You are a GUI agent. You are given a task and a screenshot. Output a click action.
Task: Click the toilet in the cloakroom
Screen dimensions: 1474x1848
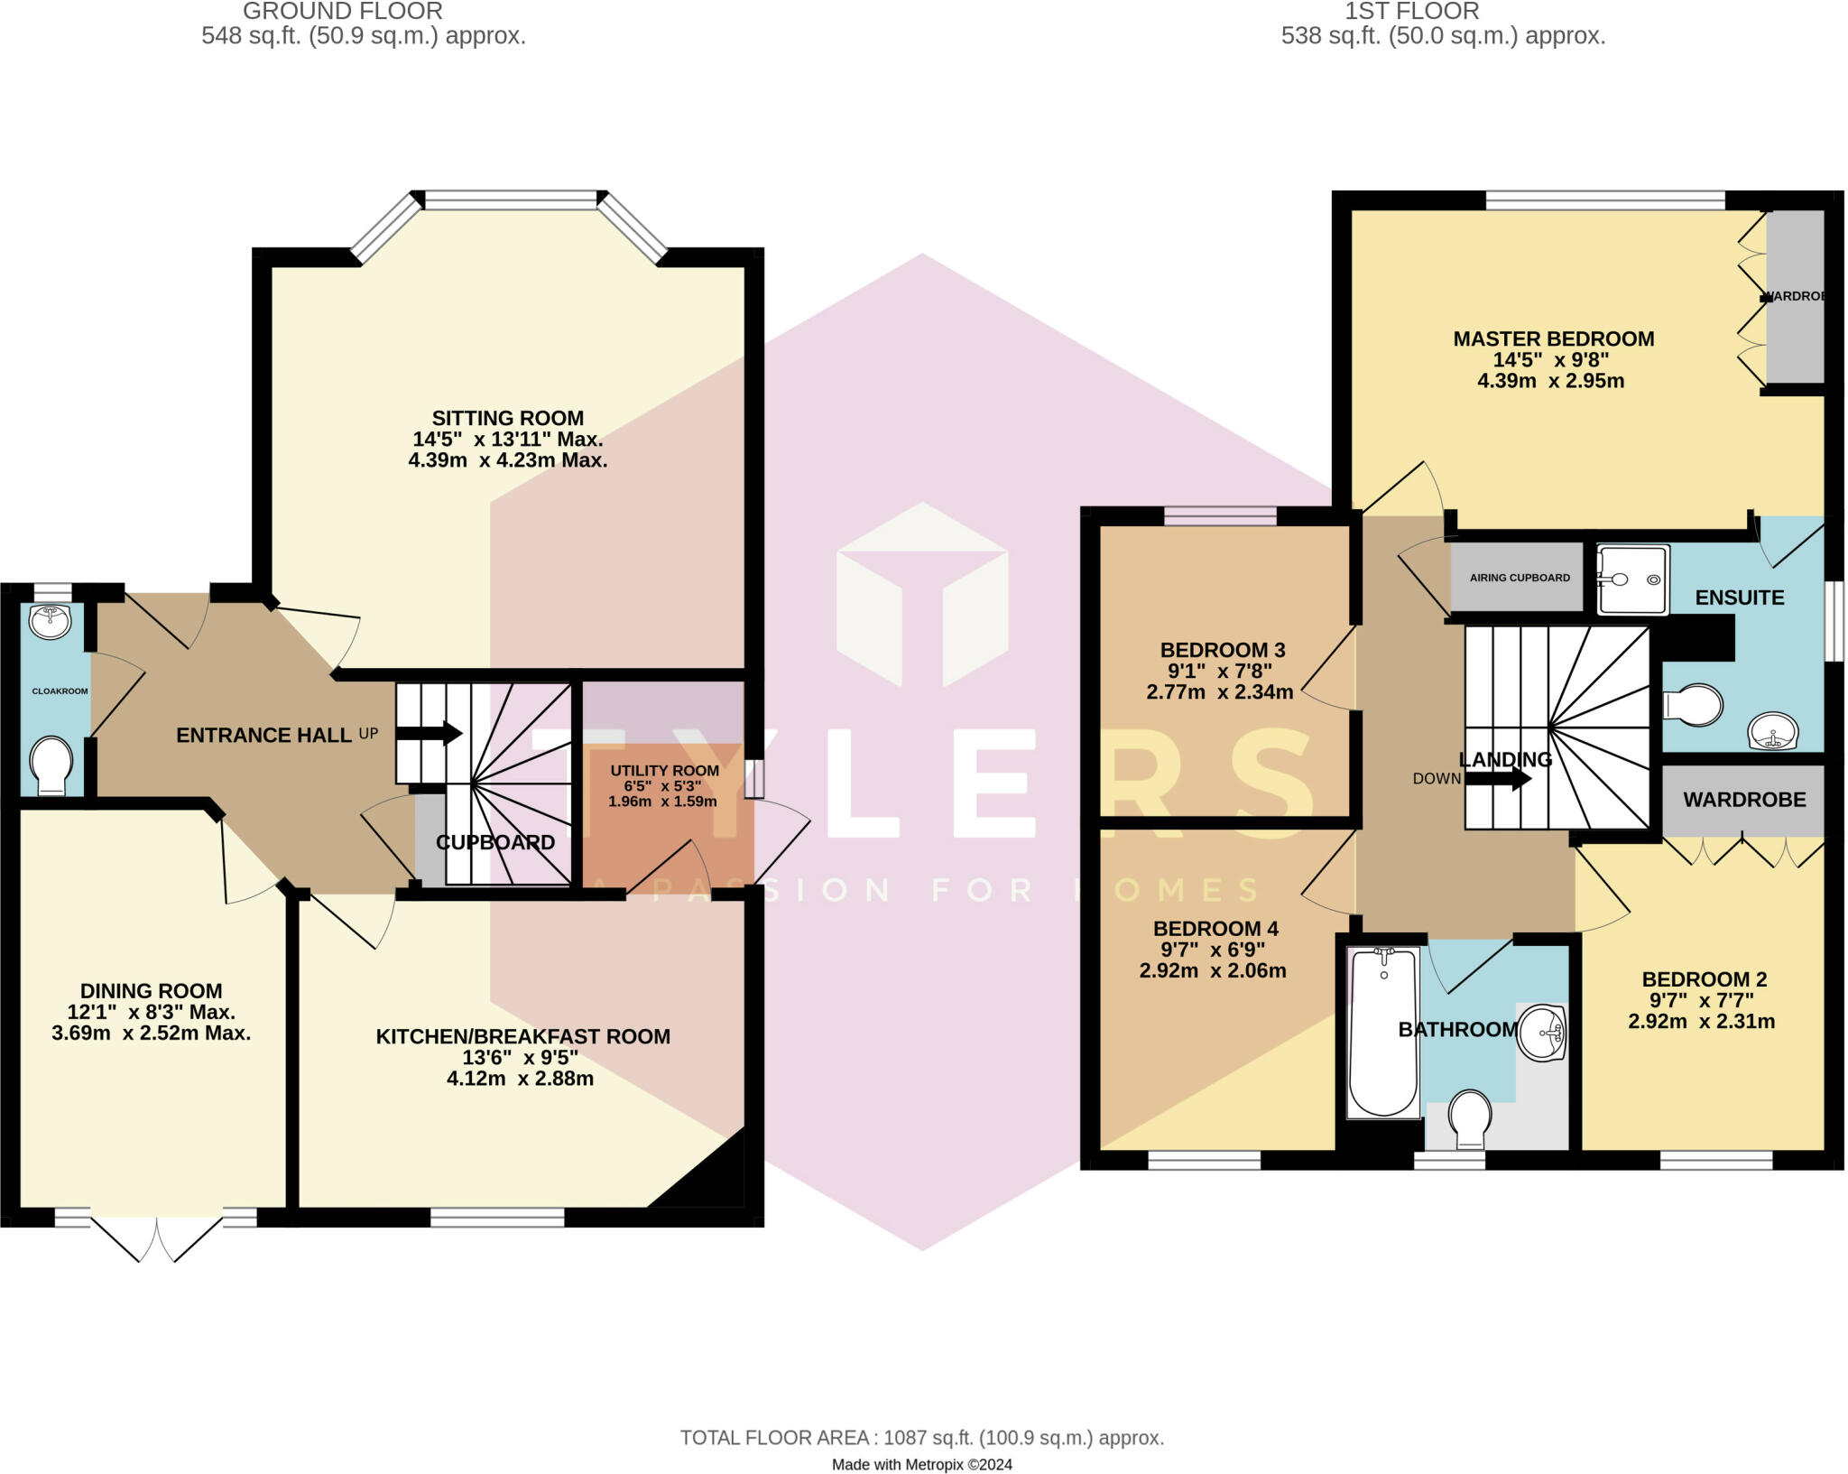pos(51,765)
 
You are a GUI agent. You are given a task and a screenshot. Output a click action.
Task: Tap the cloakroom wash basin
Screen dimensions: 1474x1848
pos(51,622)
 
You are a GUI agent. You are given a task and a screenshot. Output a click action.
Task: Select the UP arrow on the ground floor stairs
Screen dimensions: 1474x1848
pos(430,733)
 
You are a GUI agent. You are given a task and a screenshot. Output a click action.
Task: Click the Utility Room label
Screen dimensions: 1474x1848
pos(664,770)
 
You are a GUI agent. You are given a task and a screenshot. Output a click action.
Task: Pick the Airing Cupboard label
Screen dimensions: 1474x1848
pos(1520,578)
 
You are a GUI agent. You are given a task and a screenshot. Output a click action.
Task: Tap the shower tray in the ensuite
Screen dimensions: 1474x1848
pos(1632,579)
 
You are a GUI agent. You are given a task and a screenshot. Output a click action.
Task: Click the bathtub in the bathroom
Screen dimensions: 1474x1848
pos(1383,1030)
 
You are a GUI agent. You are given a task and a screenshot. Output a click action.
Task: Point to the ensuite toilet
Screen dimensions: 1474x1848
pos(1693,704)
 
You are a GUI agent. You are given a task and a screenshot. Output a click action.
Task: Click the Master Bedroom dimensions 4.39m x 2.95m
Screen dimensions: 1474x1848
pos(1550,381)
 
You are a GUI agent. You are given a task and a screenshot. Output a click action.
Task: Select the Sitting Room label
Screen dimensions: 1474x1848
pos(507,418)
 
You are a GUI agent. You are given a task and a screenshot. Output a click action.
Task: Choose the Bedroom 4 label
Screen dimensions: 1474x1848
pos(1215,928)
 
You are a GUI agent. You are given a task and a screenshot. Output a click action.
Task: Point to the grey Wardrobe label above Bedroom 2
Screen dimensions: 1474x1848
pos(1743,800)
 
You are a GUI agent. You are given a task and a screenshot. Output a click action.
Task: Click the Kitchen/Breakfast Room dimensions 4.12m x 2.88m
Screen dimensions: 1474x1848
pos(520,1079)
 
